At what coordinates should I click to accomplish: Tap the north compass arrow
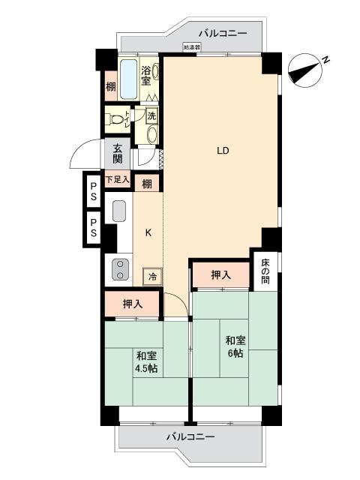coord(307,67)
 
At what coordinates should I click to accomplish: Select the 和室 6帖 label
coord(234,346)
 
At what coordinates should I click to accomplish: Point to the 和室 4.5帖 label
coord(146,361)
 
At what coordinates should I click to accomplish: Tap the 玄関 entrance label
coord(118,154)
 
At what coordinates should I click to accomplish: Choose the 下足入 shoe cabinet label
coord(117,180)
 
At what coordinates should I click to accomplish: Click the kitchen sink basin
coord(118,211)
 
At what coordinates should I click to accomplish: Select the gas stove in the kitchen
coord(118,268)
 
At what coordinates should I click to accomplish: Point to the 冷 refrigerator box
coord(152,276)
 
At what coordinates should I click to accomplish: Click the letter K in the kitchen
coord(148,232)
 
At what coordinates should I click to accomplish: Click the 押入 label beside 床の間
coord(220,275)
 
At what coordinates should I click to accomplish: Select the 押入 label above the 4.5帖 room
coord(133,304)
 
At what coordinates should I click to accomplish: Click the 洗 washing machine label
coord(151,116)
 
